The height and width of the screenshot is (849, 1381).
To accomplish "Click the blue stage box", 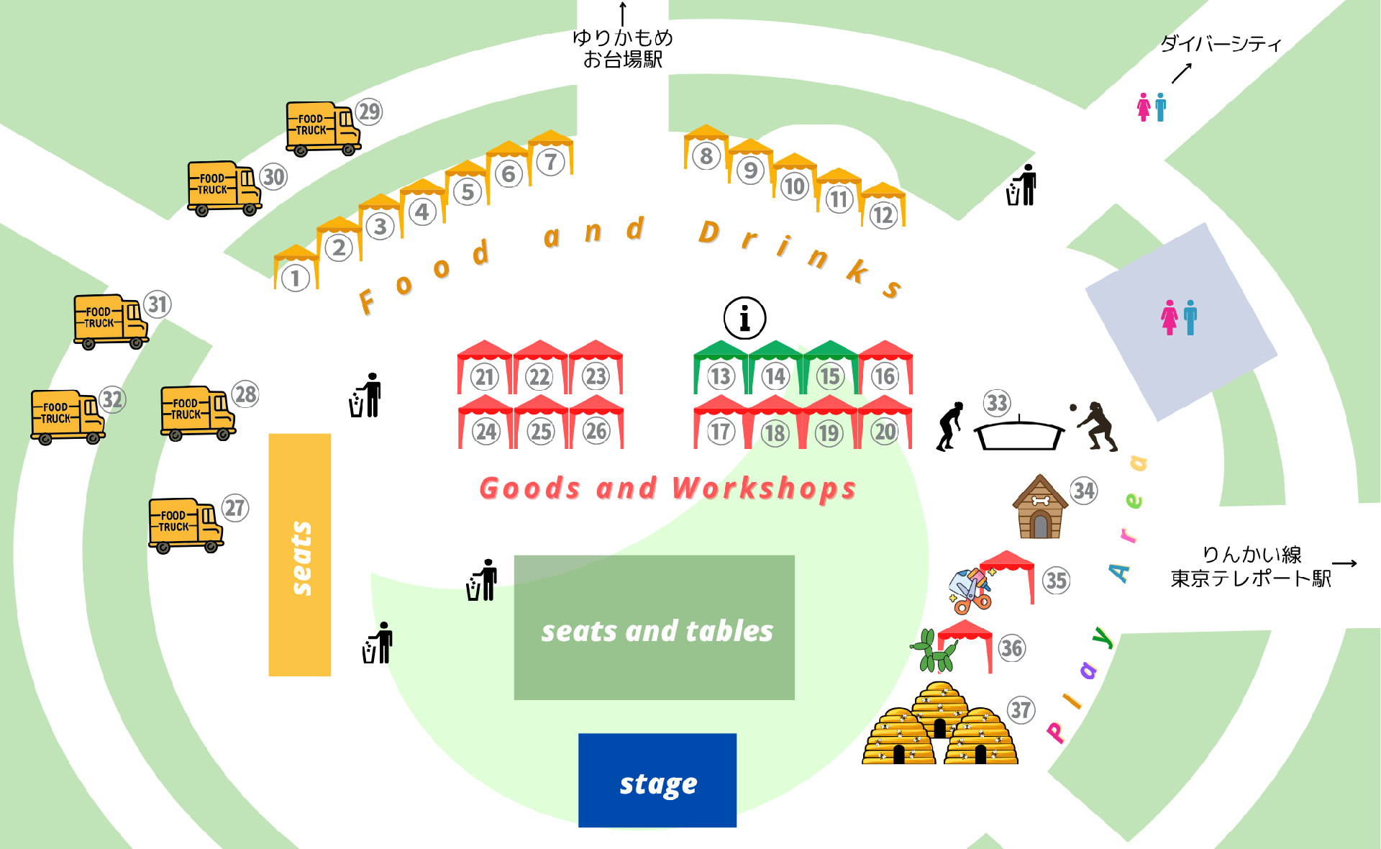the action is click(x=657, y=780).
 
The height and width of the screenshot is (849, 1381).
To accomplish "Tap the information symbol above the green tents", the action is click(x=744, y=318).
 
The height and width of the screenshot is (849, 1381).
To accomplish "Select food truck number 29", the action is click(x=324, y=129).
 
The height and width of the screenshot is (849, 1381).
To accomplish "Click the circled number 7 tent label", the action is click(x=551, y=162).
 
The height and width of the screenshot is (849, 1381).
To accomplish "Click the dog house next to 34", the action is click(x=1040, y=507).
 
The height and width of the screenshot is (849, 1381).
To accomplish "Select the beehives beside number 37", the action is click(x=940, y=723).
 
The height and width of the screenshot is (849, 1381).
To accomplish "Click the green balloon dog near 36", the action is click(x=934, y=651).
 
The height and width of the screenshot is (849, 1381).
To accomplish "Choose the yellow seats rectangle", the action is click(x=300, y=555).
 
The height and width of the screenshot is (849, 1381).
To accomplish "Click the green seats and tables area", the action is click(x=655, y=627).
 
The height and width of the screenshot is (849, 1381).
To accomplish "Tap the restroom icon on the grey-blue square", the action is click(x=1180, y=317).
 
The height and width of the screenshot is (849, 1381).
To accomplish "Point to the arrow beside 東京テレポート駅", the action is click(x=1344, y=563).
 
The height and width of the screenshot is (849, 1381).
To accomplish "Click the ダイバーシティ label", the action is click(x=1221, y=44).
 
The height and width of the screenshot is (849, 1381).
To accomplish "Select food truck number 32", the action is click(x=68, y=417).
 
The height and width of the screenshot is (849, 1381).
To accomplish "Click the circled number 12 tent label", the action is click(x=883, y=215).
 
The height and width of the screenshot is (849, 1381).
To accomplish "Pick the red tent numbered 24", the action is click(x=486, y=422).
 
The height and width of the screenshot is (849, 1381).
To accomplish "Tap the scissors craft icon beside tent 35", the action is click(x=970, y=589).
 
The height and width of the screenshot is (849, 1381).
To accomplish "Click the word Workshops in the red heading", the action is click(x=765, y=489).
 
